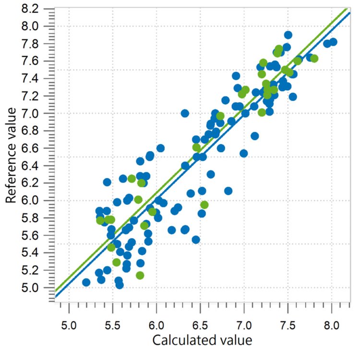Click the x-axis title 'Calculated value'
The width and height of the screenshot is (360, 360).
202,340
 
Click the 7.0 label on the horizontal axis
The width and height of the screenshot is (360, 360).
244,319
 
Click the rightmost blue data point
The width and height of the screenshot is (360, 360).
333,42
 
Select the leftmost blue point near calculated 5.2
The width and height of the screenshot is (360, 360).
86,282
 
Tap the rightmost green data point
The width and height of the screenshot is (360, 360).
314,59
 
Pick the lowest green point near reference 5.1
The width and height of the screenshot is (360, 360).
140,275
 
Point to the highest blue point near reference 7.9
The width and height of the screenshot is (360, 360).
288,35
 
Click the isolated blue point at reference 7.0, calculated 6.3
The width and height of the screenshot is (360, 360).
185,113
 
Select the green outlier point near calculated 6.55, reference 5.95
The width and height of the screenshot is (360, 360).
204,204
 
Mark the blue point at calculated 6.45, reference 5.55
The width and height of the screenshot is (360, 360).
195,240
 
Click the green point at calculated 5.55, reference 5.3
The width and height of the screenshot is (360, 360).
117,262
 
